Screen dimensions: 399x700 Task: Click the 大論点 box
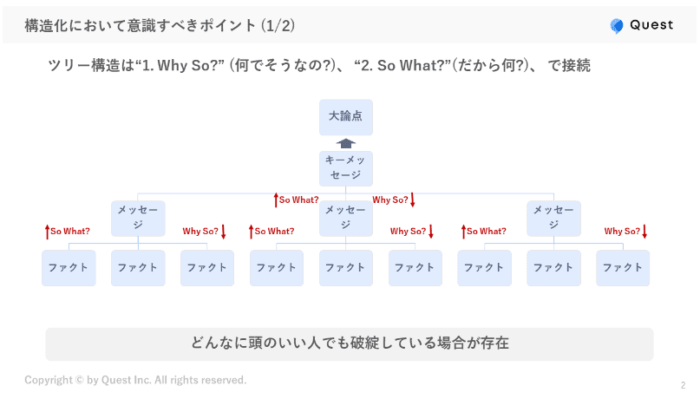(345, 117)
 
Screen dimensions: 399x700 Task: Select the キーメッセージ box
(345, 168)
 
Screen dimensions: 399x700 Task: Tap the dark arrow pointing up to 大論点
(345, 144)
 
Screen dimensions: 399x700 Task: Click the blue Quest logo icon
(617, 26)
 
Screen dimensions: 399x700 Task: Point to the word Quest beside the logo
(651, 25)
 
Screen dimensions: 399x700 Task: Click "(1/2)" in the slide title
(278, 26)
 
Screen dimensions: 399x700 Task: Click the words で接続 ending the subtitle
(569, 65)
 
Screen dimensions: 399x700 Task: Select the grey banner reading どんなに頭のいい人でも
(350, 343)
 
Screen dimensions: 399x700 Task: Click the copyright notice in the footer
(135, 380)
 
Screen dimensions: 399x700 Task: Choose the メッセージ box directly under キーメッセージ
(345, 219)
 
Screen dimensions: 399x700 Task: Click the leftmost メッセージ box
(138, 219)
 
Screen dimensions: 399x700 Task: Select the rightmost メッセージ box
(553, 219)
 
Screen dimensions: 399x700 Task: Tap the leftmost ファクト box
(69, 268)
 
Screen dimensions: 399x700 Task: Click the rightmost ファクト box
(622, 268)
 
